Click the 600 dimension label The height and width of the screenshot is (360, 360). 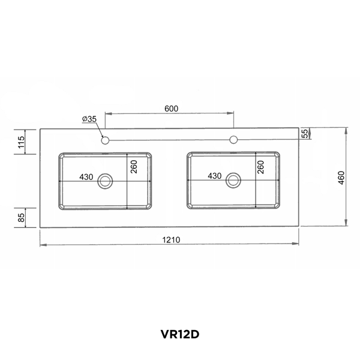point(171,109)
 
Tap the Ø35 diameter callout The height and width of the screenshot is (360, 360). point(90,119)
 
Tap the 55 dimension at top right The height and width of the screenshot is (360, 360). point(304,133)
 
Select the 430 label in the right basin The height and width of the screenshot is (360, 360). point(215,176)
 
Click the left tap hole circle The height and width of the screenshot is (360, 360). point(106,141)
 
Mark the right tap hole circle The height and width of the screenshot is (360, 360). point(233,141)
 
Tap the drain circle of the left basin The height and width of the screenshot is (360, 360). point(106,179)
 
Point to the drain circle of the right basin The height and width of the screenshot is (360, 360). point(233,179)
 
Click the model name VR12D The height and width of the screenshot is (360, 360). point(179,334)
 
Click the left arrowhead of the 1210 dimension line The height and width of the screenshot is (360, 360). point(42,245)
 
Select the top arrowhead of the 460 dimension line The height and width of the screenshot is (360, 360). point(346,130)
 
